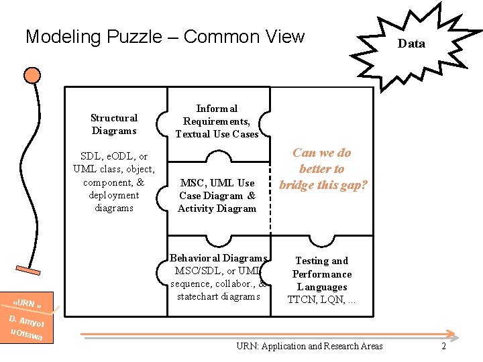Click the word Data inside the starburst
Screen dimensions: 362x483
click(x=411, y=44)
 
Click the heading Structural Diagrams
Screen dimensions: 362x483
click(x=114, y=124)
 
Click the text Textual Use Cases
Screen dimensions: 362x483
click(x=217, y=134)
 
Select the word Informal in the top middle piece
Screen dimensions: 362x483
click(x=217, y=108)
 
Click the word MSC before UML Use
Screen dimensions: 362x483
click(x=192, y=183)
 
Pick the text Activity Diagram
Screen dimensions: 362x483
click(x=217, y=208)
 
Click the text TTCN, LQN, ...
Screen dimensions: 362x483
click(x=322, y=300)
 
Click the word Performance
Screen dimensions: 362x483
click(x=322, y=274)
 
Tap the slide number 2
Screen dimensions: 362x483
click(x=443, y=346)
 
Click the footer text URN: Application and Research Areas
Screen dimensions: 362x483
click(x=309, y=346)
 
